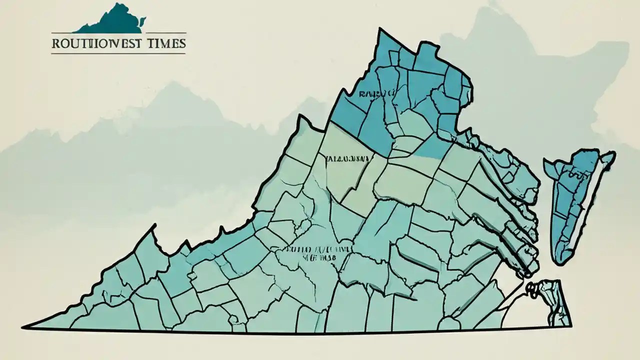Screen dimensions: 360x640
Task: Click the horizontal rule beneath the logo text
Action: (118, 53)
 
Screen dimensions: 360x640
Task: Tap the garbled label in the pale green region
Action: (346, 159)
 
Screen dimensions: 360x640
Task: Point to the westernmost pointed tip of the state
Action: (23, 327)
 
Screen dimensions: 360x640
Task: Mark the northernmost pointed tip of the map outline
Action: (379, 29)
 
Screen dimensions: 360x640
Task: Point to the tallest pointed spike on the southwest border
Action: (152, 227)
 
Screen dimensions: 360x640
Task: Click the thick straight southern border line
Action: (300, 331)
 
